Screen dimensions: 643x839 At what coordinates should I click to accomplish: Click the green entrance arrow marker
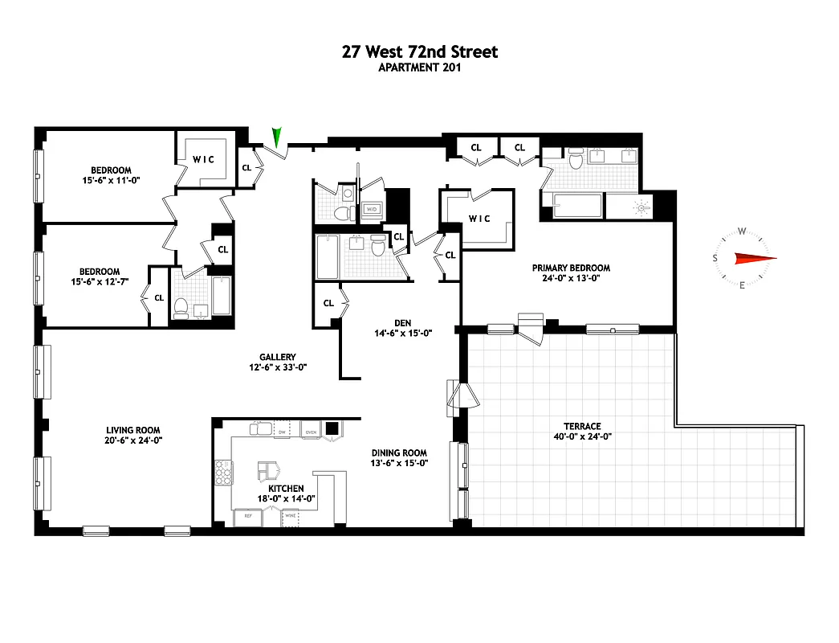(x=278, y=137)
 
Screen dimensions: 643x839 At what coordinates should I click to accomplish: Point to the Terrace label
(x=582, y=426)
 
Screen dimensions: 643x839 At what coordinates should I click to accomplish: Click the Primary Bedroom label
(x=571, y=268)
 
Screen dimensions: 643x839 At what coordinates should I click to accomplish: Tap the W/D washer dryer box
(x=372, y=209)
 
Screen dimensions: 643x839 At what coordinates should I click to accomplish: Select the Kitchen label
(x=286, y=488)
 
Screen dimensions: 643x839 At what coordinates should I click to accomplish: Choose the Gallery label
(x=278, y=357)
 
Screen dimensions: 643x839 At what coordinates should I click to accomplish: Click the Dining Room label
(x=399, y=453)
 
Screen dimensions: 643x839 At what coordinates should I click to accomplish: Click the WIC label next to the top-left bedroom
(x=204, y=160)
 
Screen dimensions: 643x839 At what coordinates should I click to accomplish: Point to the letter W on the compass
(x=742, y=232)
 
